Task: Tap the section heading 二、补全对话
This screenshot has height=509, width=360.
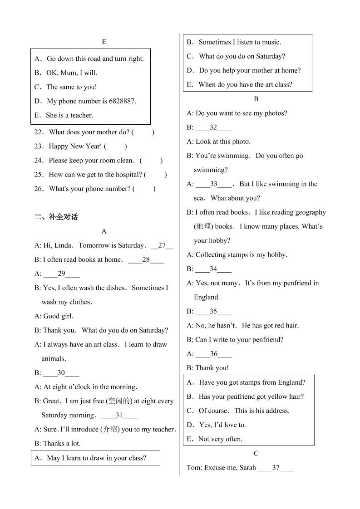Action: [x=56, y=217]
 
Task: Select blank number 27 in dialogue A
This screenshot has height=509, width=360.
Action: [x=162, y=245]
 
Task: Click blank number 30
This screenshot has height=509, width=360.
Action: [x=61, y=373]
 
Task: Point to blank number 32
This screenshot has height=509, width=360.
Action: [x=213, y=127]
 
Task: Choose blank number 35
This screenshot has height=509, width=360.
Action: [x=213, y=311]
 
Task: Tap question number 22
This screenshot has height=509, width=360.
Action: [x=39, y=132]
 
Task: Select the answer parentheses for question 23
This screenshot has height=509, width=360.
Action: [x=115, y=146]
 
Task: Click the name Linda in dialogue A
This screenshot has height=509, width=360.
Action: [x=63, y=245]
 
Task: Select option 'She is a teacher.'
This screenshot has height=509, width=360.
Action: [x=69, y=115]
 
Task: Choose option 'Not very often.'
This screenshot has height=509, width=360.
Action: [x=220, y=439]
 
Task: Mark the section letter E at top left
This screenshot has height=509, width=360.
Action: [x=104, y=42]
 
